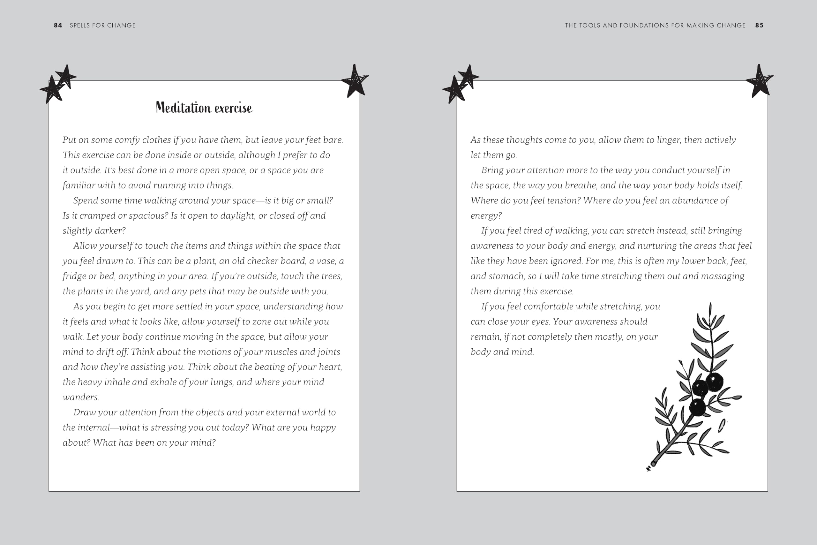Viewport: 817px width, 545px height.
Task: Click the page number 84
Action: tap(58, 25)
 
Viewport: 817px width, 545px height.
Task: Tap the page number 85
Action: tap(759, 25)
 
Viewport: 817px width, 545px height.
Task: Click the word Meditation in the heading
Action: tap(184, 108)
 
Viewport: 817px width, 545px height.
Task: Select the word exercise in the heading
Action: tap(233, 109)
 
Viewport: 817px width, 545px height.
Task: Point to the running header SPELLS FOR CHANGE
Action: tap(102, 25)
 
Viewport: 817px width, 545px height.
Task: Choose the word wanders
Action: tap(81, 397)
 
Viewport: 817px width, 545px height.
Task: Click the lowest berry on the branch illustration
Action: tap(697, 407)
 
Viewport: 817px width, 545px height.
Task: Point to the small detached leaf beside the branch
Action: tap(722, 426)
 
